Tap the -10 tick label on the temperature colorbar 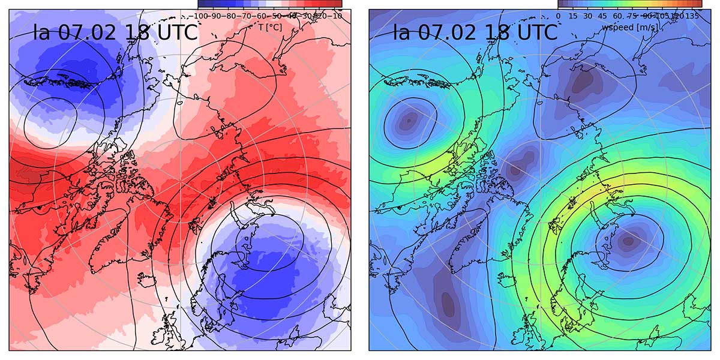(x=337, y=16)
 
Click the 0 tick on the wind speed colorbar (x=559, y=16)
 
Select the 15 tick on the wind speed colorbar (x=574, y=16)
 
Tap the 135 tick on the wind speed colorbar (x=693, y=16)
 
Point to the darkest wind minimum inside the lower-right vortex (x=628, y=241)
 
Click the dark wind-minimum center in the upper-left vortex (x=408, y=120)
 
